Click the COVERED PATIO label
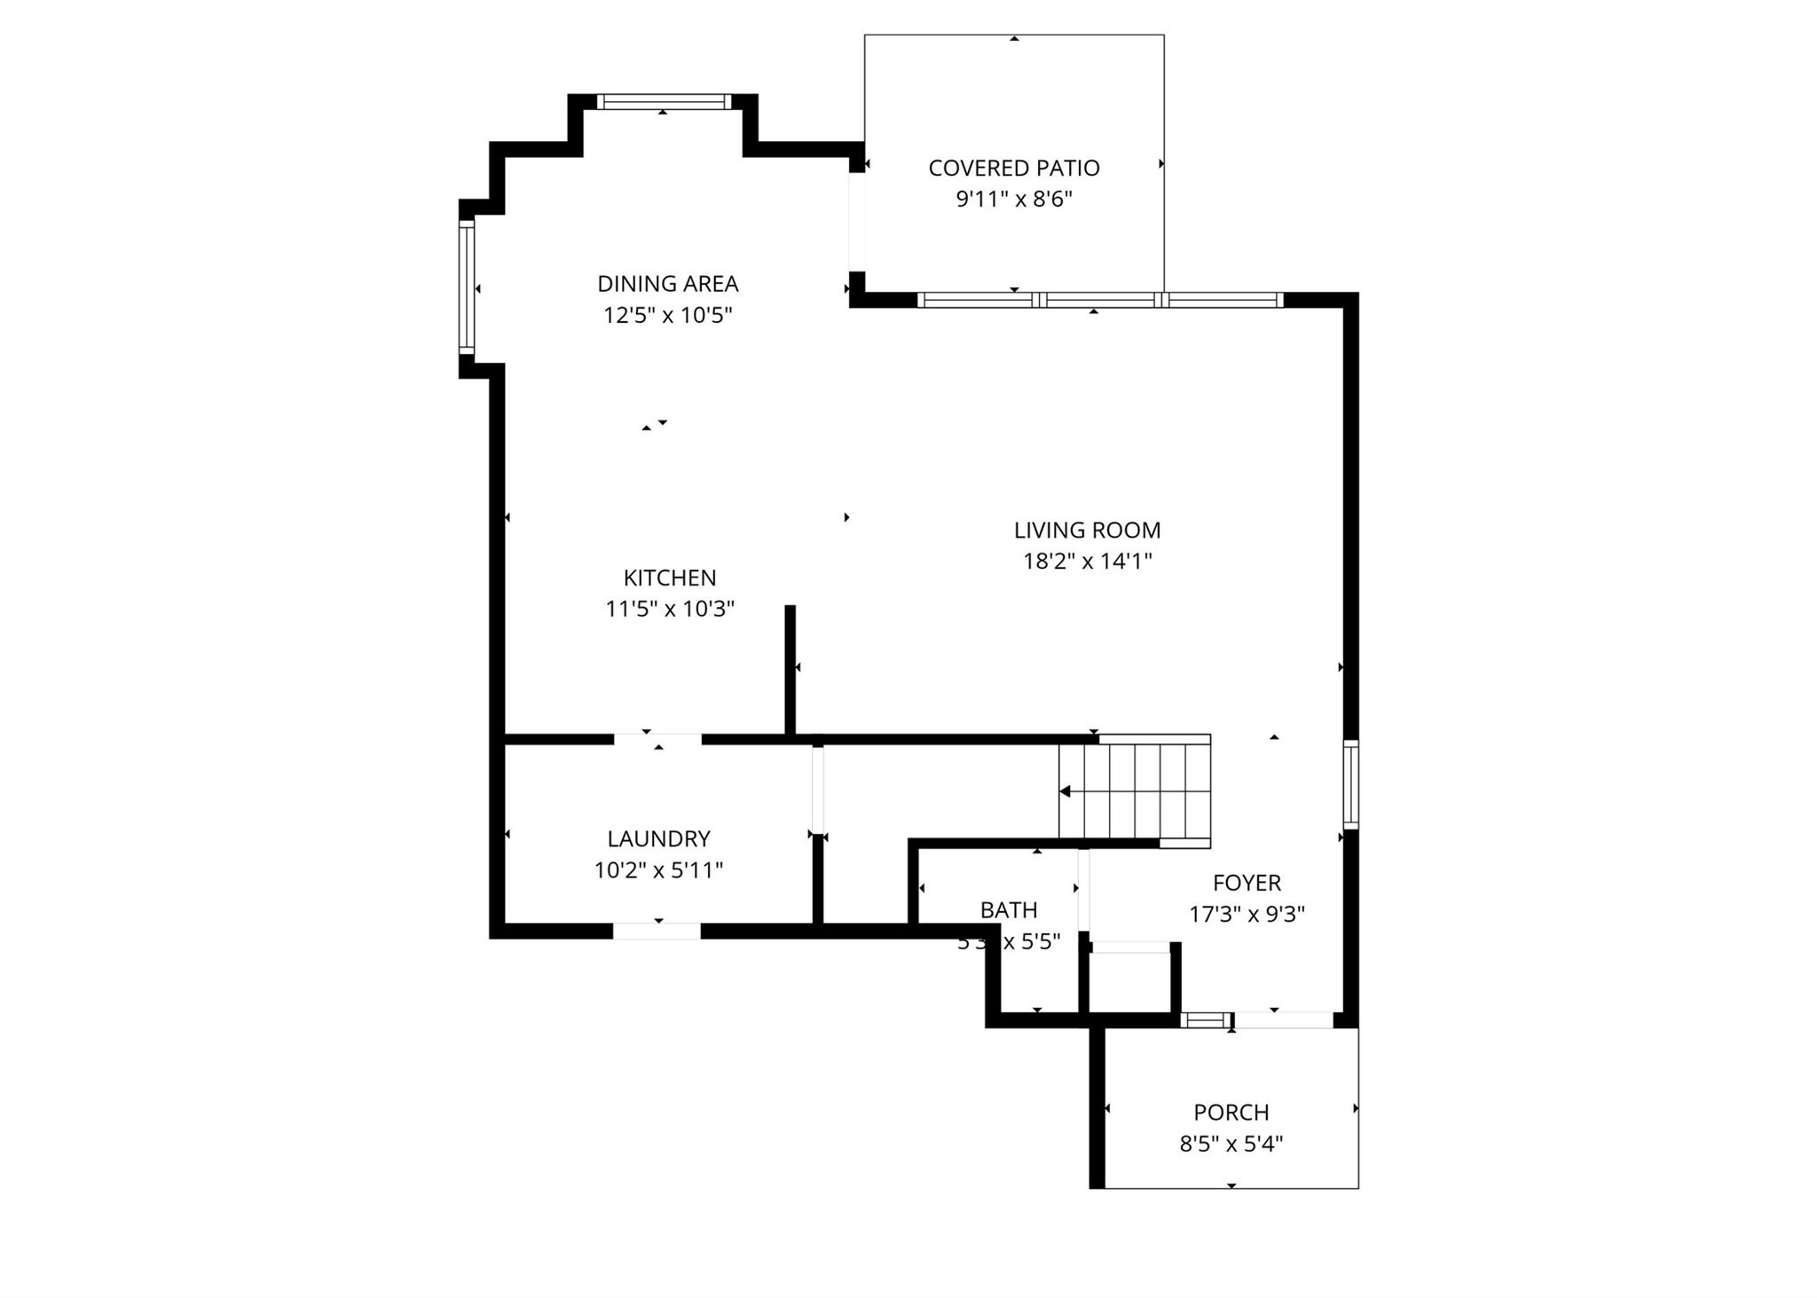[1013, 168]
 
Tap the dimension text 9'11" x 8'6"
[1013, 199]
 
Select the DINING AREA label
[667, 284]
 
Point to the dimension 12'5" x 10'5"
[667, 315]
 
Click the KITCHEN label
[669, 578]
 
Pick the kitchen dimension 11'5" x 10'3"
[669, 609]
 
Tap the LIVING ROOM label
[1087, 530]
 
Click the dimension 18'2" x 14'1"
[1087, 561]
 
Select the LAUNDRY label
[658, 838]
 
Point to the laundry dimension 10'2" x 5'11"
[658, 869]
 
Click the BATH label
[1008, 909]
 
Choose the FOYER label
[1247, 883]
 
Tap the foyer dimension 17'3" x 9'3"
[1247, 914]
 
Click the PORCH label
[1231, 1112]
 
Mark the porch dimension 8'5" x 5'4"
[1231, 1144]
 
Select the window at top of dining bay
[664, 102]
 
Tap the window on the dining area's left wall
[467, 287]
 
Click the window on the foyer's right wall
[1350, 784]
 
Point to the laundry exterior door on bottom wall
[657, 931]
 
